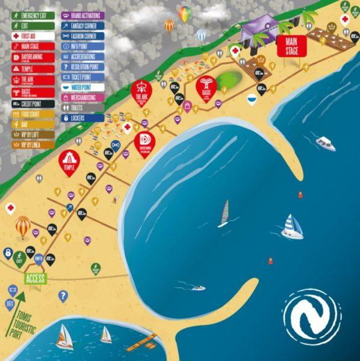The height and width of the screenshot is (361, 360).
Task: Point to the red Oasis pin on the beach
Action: [x=206, y=88]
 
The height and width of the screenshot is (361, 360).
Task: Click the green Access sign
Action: [x=35, y=279]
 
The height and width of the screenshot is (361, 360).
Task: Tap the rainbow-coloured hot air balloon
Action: [x=184, y=13]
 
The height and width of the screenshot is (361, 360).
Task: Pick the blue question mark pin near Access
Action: [x=63, y=296]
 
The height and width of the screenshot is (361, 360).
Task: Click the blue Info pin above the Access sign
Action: [x=39, y=259]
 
